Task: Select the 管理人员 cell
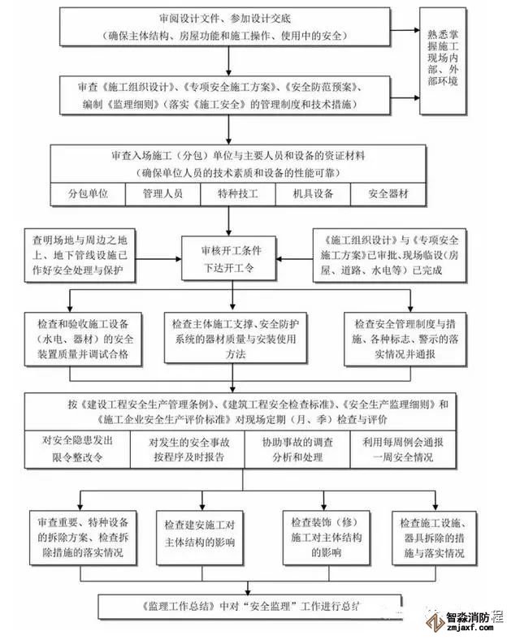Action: pyautogui.click(x=162, y=194)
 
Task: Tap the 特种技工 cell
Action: pyautogui.click(x=237, y=194)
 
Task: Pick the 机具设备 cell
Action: pyautogui.click(x=312, y=194)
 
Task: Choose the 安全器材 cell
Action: pyautogui.click(x=388, y=194)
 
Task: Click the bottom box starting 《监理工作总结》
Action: pyautogui.click(x=244, y=607)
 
